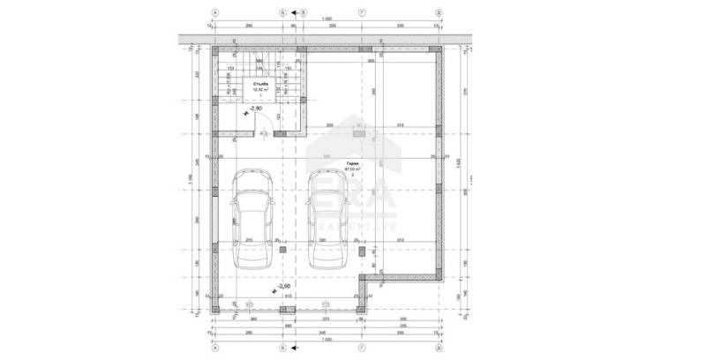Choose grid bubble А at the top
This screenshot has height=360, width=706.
pyautogui.click(x=215, y=13)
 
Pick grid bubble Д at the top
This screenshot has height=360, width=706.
pyautogui.click(x=439, y=13)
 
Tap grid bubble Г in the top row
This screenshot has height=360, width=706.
pyautogui.click(x=363, y=13)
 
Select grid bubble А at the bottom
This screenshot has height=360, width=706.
pyautogui.click(x=215, y=347)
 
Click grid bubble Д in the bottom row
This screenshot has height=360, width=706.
pyautogui.click(x=439, y=347)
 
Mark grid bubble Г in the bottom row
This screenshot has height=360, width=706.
pyautogui.click(x=363, y=347)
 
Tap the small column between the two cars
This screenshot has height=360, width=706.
pyautogui.click(x=282, y=250)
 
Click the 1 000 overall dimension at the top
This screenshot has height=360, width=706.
pyautogui.click(x=327, y=19)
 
